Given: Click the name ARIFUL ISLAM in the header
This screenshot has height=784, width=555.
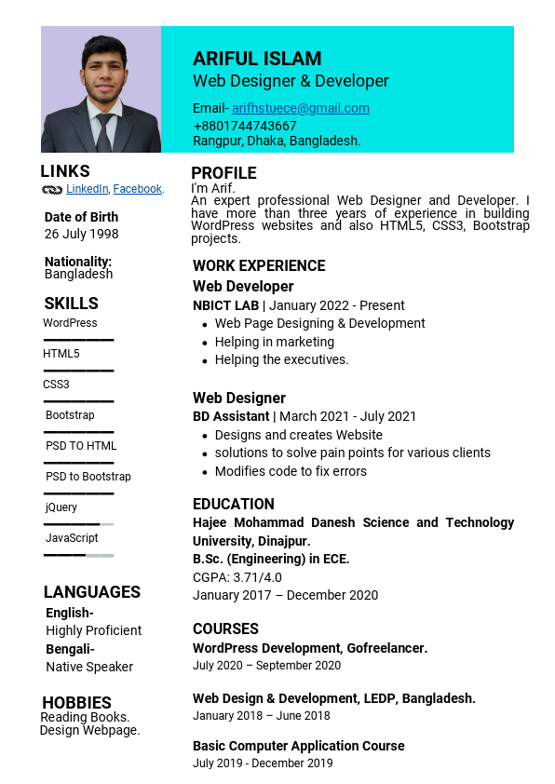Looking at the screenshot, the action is click(x=257, y=59).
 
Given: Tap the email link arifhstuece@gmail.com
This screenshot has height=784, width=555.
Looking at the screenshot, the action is click(x=301, y=108).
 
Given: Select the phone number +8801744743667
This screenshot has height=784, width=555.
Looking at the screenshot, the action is click(x=245, y=126).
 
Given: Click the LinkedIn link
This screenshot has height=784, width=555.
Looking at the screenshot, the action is click(x=87, y=189).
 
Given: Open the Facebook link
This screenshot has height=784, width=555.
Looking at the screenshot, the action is click(x=138, y=189).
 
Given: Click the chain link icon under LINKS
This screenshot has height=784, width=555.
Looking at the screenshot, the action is click(x=52, y=190).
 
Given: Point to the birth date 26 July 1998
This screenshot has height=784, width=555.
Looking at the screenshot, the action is click(x=82, y=234).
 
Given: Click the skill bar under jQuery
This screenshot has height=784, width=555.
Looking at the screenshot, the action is click(x=78, y=525).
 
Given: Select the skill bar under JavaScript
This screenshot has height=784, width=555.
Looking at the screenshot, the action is click(x=78, y=556).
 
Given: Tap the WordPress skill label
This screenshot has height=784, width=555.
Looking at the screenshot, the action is click(x=70, y=323).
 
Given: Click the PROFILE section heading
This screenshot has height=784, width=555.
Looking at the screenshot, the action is click(x=223, y=173).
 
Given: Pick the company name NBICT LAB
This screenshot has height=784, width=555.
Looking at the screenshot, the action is click(x=225, y=305).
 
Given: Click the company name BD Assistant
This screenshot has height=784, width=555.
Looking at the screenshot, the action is click(x=231, y=416).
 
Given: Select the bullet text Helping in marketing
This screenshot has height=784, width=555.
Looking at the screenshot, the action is click(x=274, y=342).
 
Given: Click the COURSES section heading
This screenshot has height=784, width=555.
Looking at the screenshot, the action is click(x=225, y=629).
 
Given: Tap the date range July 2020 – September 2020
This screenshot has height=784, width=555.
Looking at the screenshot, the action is click(x=266, y=666).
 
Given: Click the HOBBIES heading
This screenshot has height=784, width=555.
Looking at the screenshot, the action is click(x=76, y=703).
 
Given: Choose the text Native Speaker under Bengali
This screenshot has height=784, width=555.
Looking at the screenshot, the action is click(x=89, y=667).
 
